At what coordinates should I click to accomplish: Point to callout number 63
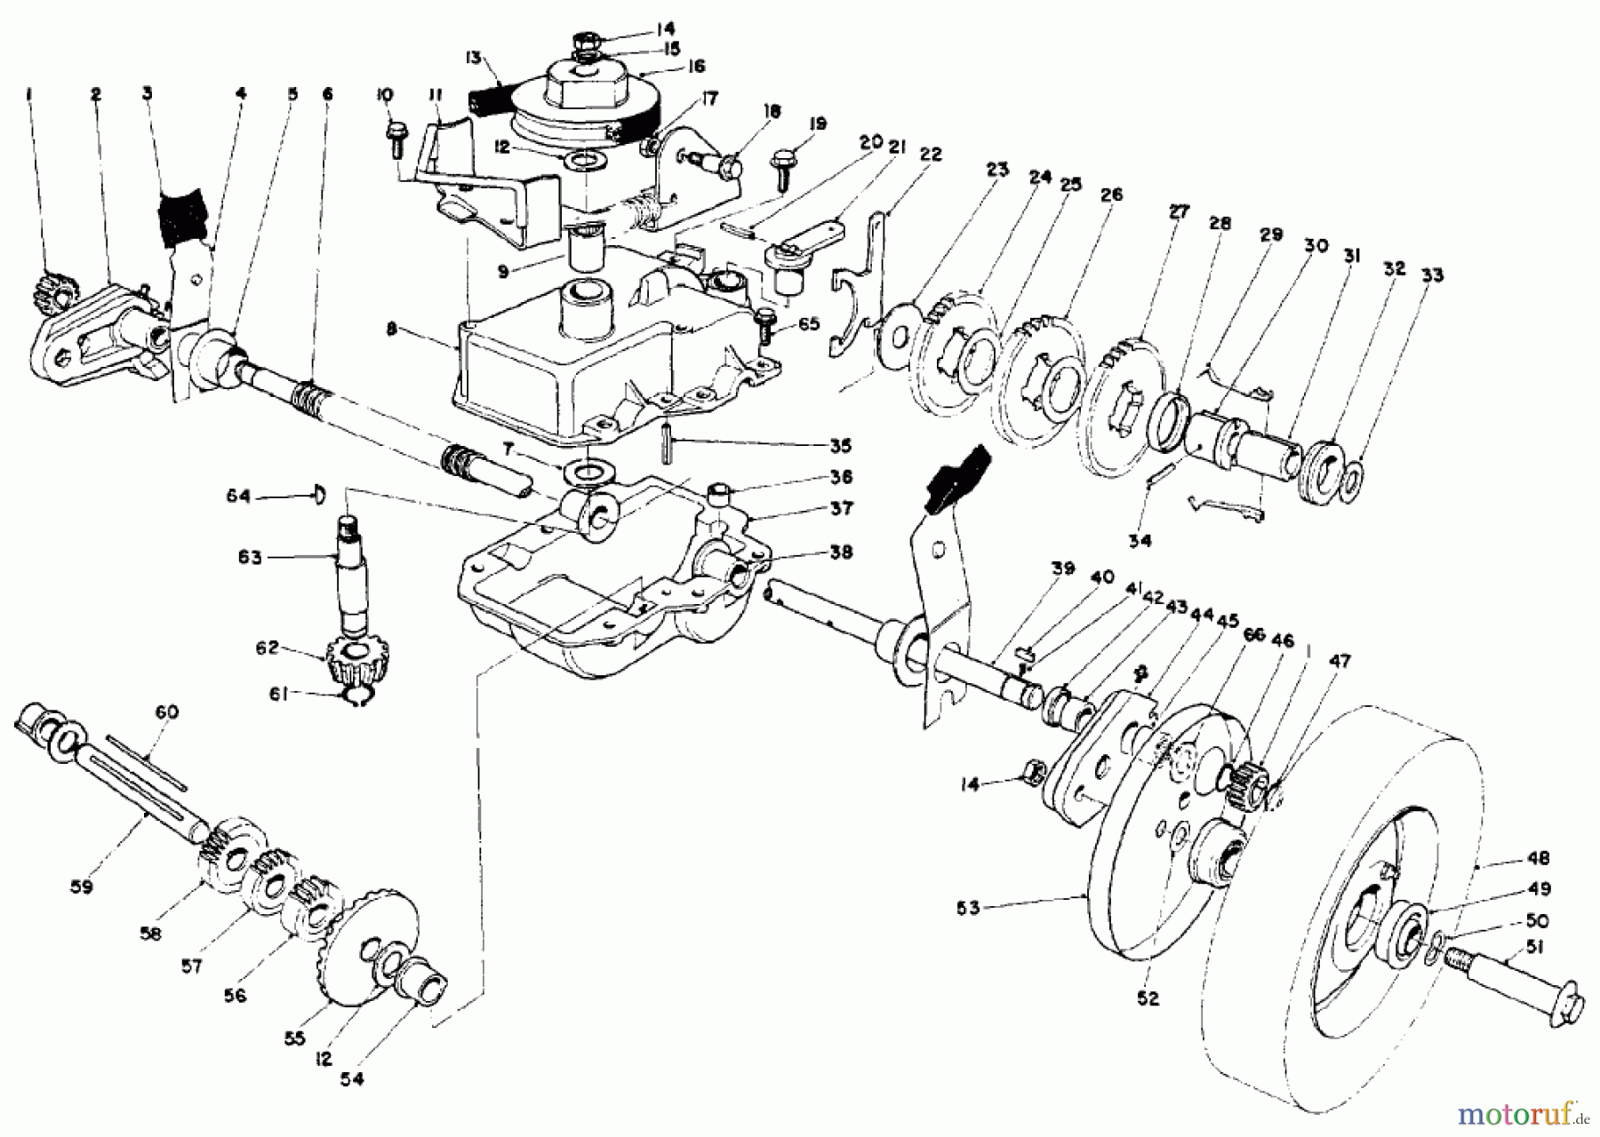[250, 558]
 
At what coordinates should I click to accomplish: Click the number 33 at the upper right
[1431, 275]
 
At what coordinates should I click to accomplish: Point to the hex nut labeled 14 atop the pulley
[589, 42]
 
